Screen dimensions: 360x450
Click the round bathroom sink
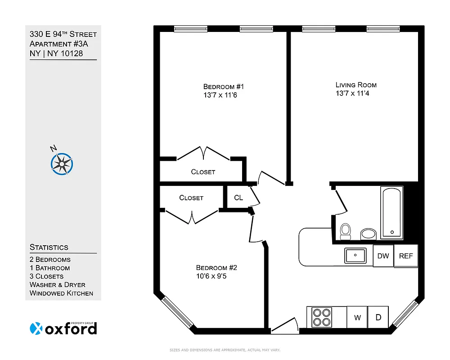[369, 234]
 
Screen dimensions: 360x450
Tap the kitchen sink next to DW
[356, 256]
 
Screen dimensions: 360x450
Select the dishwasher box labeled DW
[383, 256]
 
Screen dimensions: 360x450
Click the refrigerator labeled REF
[406, 256]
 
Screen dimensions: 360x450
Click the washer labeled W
[357, 318]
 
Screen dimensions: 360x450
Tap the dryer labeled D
[378, 318]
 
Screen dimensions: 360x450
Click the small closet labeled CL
[238, 198]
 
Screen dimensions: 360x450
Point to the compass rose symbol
[62, 163]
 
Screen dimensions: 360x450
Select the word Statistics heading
[49, 247]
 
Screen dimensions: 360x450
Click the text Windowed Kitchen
[61, 293]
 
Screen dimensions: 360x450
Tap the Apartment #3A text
[56, 44]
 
